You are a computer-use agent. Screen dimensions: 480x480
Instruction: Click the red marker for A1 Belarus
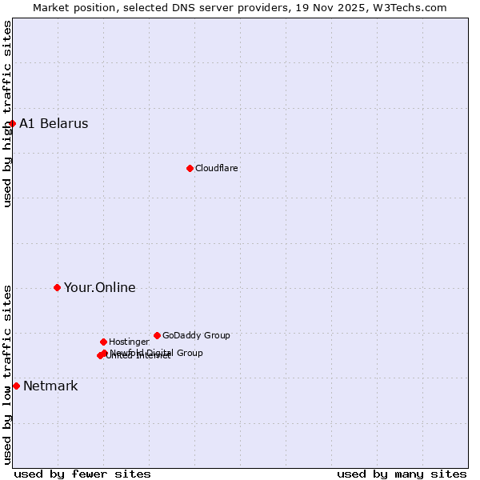pyautogui.click(x=12, y=123)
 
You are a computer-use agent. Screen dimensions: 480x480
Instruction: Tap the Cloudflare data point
pyautogui.click(x=190, y=168)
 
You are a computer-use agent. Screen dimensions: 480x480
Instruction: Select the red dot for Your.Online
pyautogui.click(x=57, y=287)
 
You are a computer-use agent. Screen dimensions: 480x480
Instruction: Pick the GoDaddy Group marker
pyautogui.click(x=157, y=335)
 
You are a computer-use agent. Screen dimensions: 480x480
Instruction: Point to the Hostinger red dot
pyautogui.click(x=103, y=342)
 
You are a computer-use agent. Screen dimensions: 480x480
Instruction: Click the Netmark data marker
pyautogui.click(x=16, y=386)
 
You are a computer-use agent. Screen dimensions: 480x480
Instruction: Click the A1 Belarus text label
pyautogui.click(x=54, y=123)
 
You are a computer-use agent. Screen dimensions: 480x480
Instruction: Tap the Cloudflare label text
pyautogui.click(x=216, y=168)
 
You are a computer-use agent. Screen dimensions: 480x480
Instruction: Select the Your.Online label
pyautogui.click(x=99, y=287)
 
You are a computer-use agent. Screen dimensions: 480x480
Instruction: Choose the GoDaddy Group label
pyautogui.click(x=196, y=335)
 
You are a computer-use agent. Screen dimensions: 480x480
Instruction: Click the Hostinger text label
pyautogui.click(x=129, y=342)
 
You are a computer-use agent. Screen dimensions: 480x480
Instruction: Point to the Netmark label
pyautogui.click(x=50, y=386)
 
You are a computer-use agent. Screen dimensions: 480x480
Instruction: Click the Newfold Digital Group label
pyautogui.click(x=156, y=353)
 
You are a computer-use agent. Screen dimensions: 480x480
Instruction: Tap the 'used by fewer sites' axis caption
pyautogui.click(x=82, y=474)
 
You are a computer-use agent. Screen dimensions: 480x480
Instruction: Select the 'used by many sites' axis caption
pyautogui.click(x=402, y=474)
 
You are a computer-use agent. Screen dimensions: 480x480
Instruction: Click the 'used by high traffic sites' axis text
pyautogui.click(x=7, y=114)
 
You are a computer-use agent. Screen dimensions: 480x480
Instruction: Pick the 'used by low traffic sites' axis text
pyautogui.click(x=7, y=374)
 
